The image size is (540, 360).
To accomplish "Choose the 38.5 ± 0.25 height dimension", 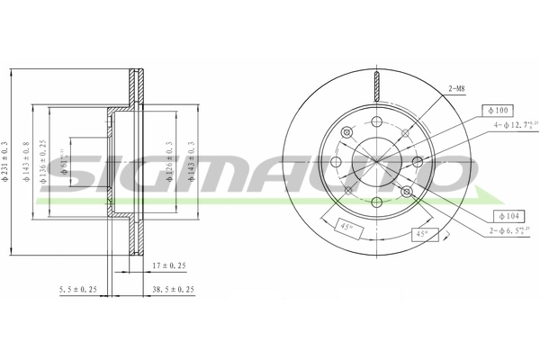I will (x=173, y=291).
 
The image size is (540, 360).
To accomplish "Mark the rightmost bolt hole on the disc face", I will (x=418, y=162).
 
